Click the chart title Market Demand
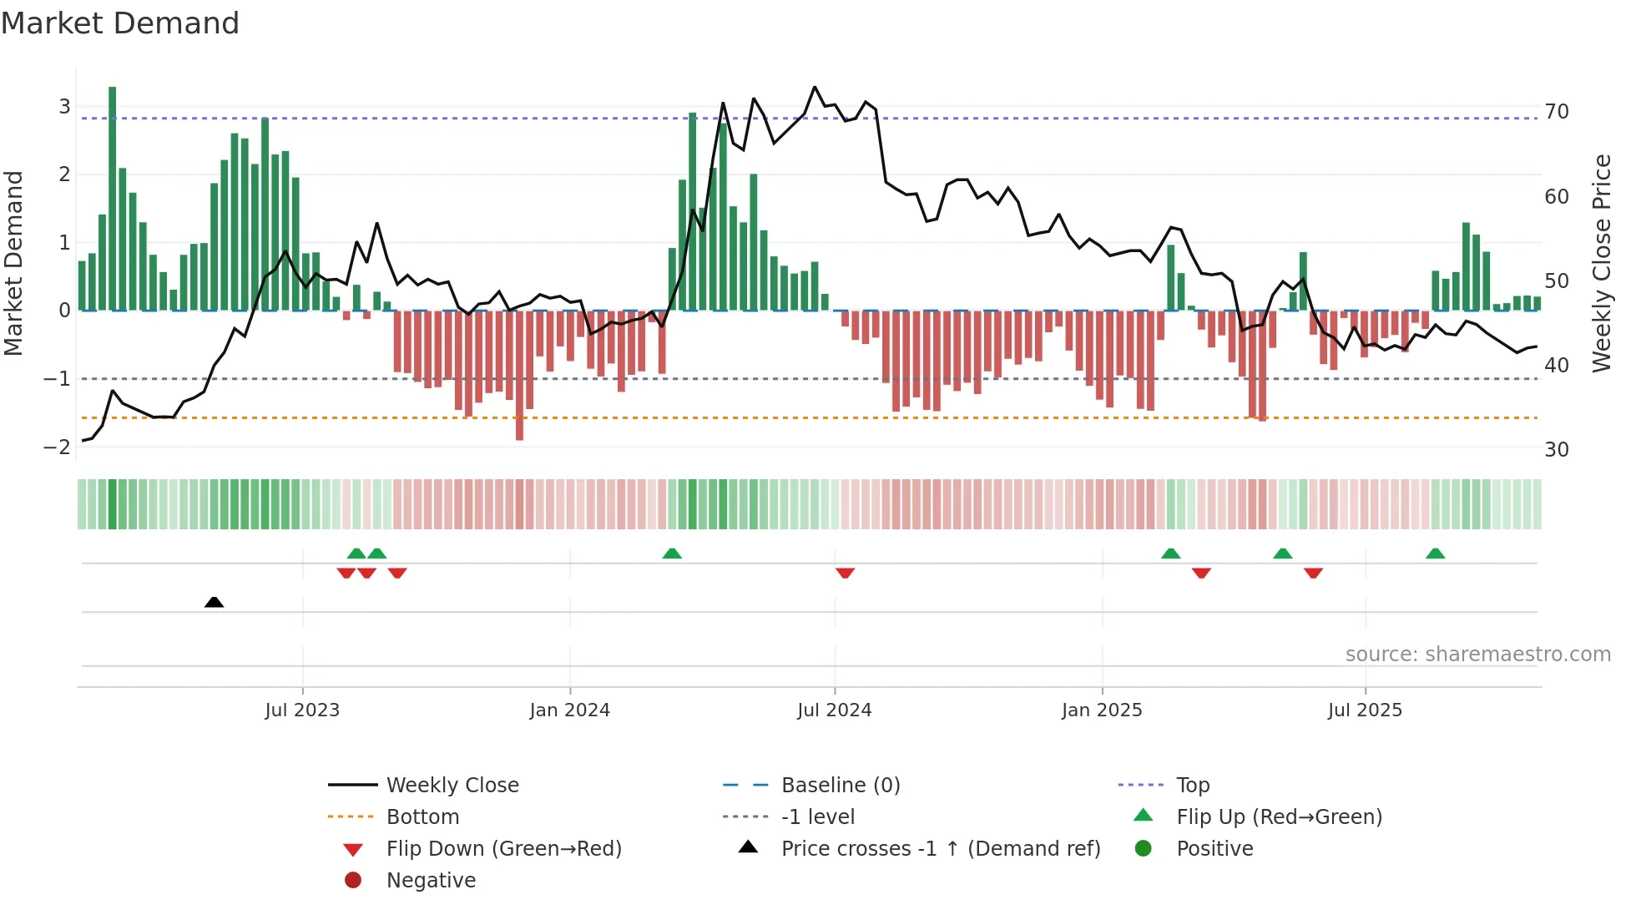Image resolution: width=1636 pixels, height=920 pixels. point(120,23)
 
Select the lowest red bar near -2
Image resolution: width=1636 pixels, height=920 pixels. point(519,376)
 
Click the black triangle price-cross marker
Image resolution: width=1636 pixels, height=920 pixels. point(214,602)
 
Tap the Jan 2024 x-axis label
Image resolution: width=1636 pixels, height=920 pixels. point(569,710)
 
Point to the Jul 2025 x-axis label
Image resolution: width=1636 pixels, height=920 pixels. point(1365,710)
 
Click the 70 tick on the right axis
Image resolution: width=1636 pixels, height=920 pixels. point(1557,112)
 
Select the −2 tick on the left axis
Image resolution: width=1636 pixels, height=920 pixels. point(57,447)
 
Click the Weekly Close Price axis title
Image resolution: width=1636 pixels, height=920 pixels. point(1601,263)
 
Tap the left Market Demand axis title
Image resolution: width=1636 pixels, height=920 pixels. point(13,263)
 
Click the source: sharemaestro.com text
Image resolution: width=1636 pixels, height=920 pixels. point(1477,655)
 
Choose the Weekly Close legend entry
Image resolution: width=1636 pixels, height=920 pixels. point(452,786)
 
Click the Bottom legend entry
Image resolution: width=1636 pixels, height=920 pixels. point(422,817)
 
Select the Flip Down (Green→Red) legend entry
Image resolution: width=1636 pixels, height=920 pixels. point(503,849)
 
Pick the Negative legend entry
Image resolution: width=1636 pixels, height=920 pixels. point(431,881)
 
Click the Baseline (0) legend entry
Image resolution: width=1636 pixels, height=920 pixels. point(840,786)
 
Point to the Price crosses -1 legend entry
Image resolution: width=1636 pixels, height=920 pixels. point(940,849)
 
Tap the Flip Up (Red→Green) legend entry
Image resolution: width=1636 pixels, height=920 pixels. point(1279,817)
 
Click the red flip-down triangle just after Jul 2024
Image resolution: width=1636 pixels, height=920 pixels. point(845,573)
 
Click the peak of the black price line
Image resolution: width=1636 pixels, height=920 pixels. point(815,87)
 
